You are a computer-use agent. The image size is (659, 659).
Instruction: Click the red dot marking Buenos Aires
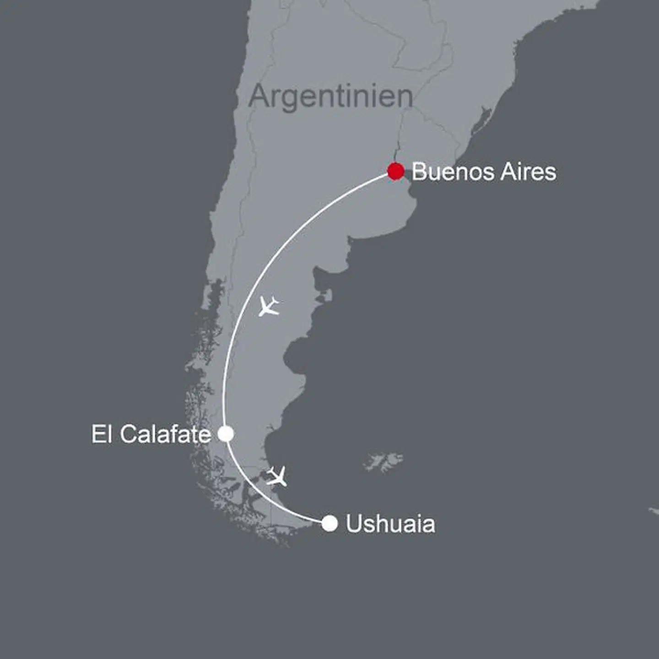[395, 171]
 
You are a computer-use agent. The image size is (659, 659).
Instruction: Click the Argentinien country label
[330, 97]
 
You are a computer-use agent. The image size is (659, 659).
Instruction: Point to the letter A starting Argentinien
[259, 97]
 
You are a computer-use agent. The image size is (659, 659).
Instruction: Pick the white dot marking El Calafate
[226, 433]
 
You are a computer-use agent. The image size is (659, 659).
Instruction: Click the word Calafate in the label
[165, 434]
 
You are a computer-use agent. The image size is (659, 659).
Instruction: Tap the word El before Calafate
[102, 434]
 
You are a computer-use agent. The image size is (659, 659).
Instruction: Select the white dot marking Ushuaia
[329, 523]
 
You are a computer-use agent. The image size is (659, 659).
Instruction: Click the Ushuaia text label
[390, 524]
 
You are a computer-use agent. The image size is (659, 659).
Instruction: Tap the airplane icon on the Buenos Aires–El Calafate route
[269, 306]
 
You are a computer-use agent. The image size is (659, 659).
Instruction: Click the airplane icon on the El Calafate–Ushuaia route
[277, 476]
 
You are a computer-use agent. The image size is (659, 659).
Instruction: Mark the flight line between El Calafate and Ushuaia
[256, 492]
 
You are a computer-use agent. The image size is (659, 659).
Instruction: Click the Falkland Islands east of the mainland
[384, 461]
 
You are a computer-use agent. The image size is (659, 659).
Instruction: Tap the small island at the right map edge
[654, 511]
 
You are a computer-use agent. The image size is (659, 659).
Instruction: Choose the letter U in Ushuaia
[353, 524]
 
